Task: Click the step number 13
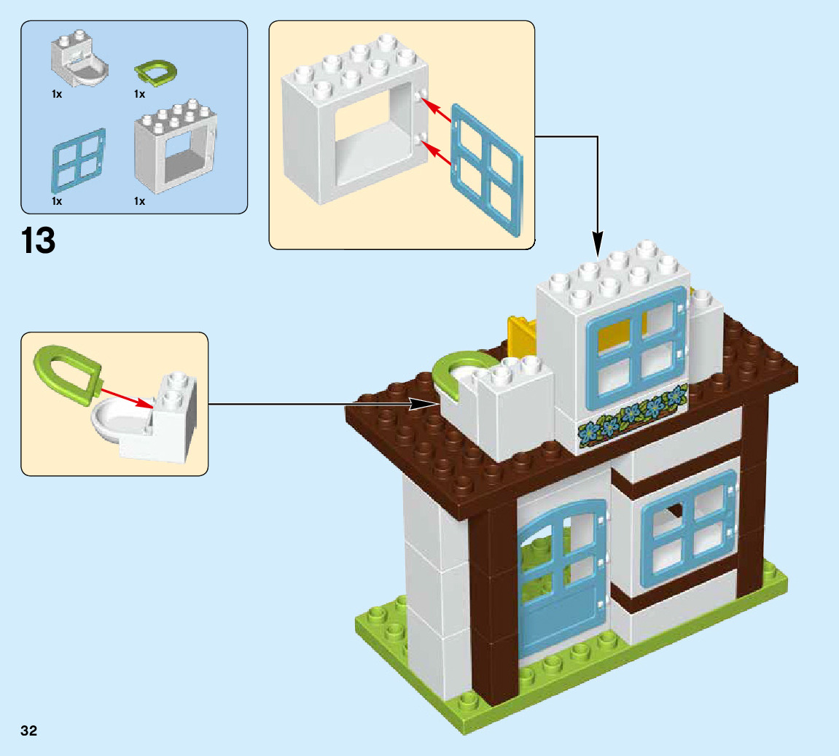pos(39,241)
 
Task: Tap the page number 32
pos(29,730)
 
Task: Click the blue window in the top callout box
pos(486,168)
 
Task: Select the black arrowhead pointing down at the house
pos(597,244)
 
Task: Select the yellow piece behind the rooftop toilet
pos(520,335)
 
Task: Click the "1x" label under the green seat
pos(139,94)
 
